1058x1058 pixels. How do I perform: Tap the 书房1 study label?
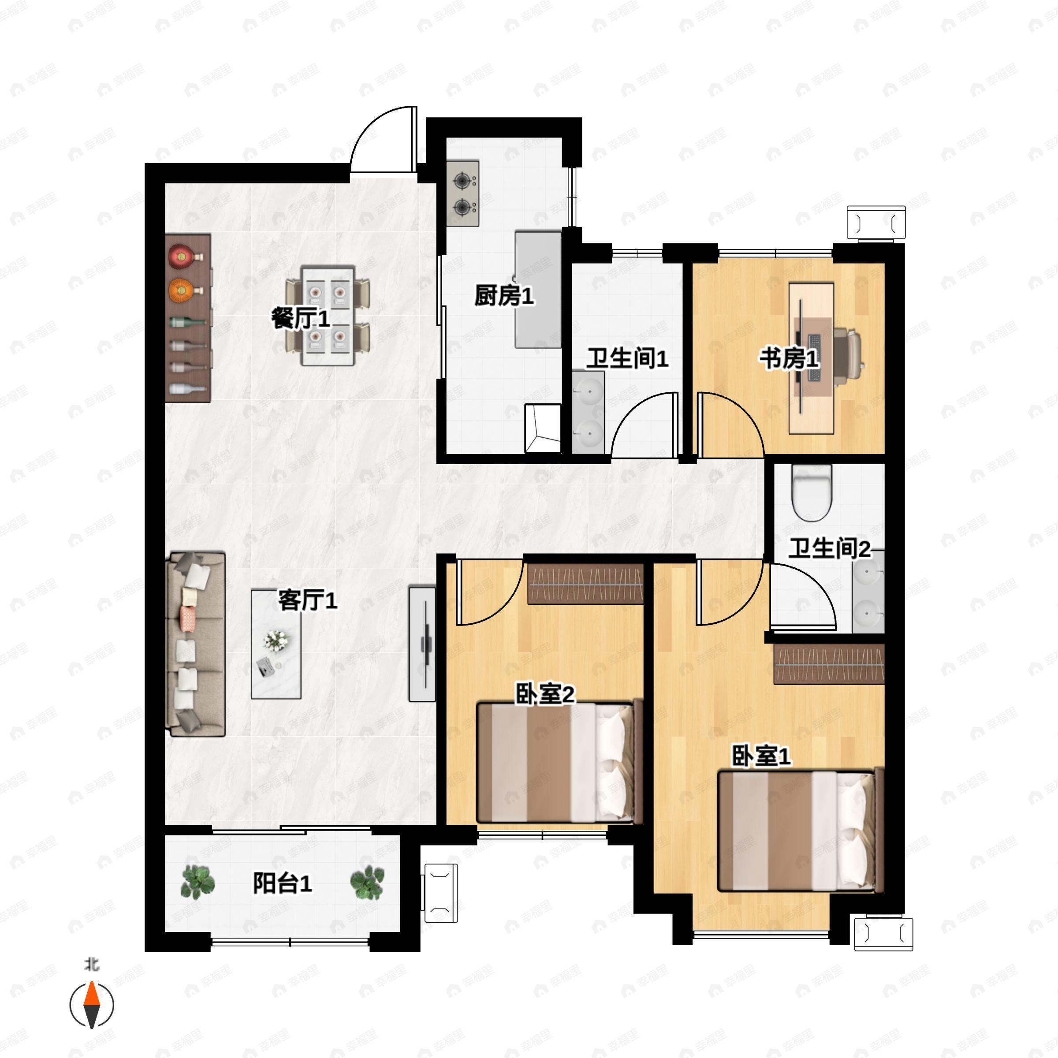[x=789, y=359]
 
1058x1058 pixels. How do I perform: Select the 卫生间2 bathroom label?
[x=829, y=548]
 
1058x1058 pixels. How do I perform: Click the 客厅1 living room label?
[x=308, y=601]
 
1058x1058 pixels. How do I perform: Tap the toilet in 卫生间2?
[x=812, y=492]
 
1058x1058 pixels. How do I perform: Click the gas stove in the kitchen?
[x=463, y=194]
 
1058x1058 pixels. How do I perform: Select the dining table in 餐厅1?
[x=328, y=316]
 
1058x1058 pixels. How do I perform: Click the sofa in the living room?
[x=195, y=644]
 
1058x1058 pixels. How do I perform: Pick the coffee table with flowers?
[x=276, y=644]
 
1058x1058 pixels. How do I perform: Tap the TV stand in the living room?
[x=422, y=644]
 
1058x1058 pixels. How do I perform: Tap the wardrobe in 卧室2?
[x=585, y=584]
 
